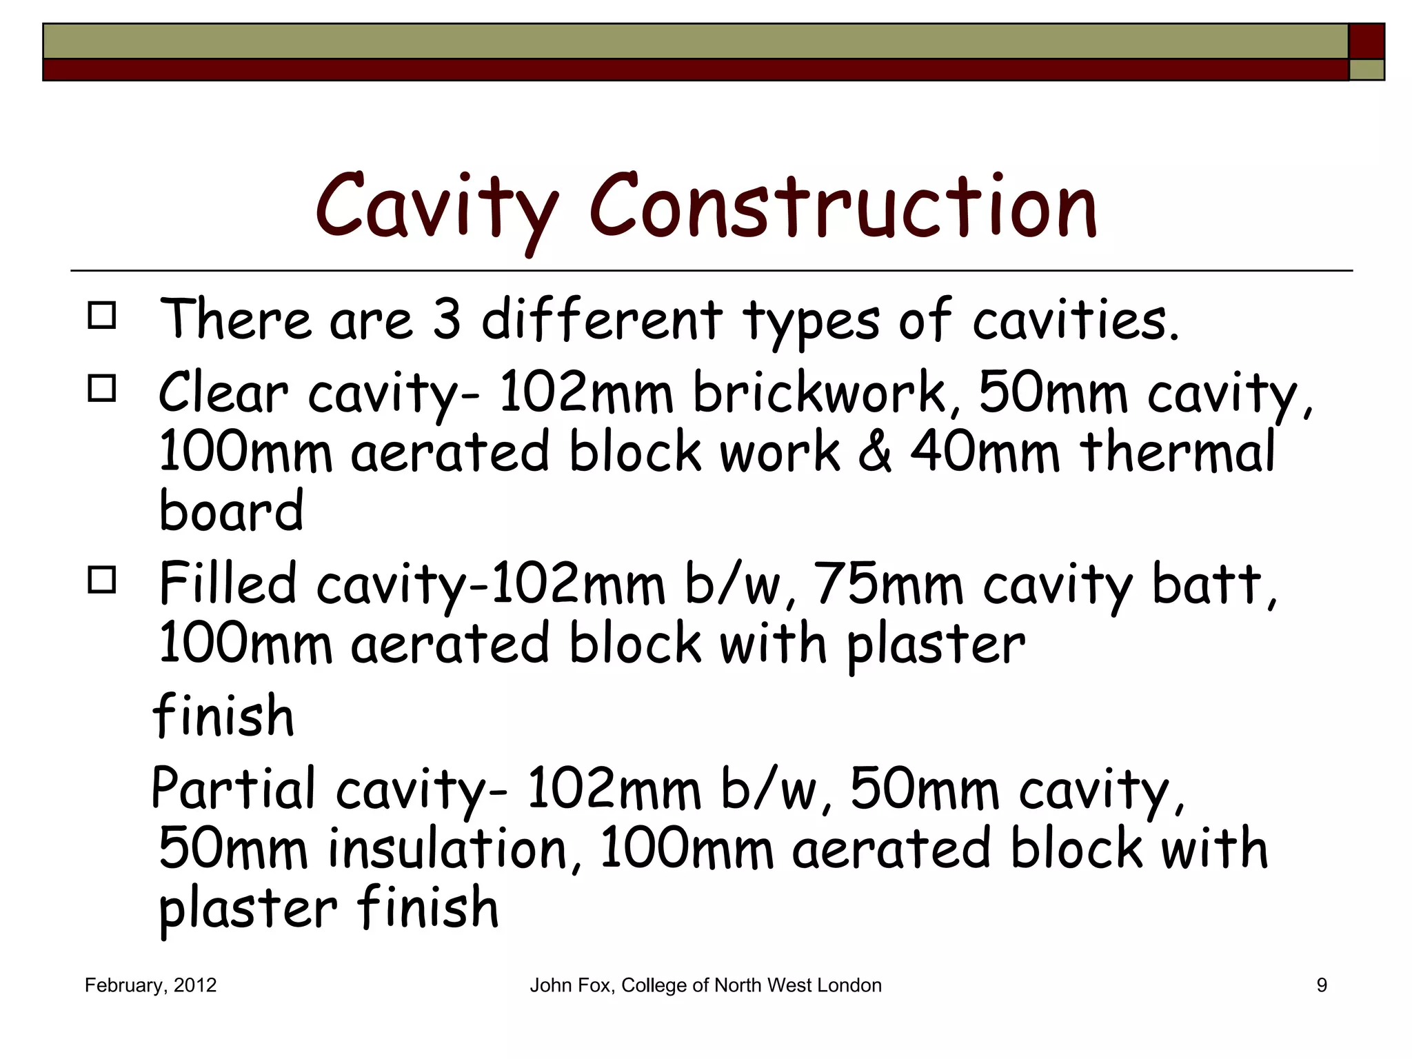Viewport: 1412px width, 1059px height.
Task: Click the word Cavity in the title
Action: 436,207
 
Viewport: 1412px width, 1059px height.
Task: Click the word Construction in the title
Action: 843,207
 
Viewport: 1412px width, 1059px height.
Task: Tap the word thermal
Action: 1178,452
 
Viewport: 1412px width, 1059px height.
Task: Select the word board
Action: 231,510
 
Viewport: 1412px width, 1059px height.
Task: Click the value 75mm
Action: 888,585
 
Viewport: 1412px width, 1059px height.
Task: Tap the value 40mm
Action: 985,452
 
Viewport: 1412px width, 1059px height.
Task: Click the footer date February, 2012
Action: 150,985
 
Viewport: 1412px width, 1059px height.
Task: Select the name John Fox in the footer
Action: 570,985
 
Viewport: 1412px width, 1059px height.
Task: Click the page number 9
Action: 1322,985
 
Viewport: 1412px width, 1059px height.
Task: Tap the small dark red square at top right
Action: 1366,41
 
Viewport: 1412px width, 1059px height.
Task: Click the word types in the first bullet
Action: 811,321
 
